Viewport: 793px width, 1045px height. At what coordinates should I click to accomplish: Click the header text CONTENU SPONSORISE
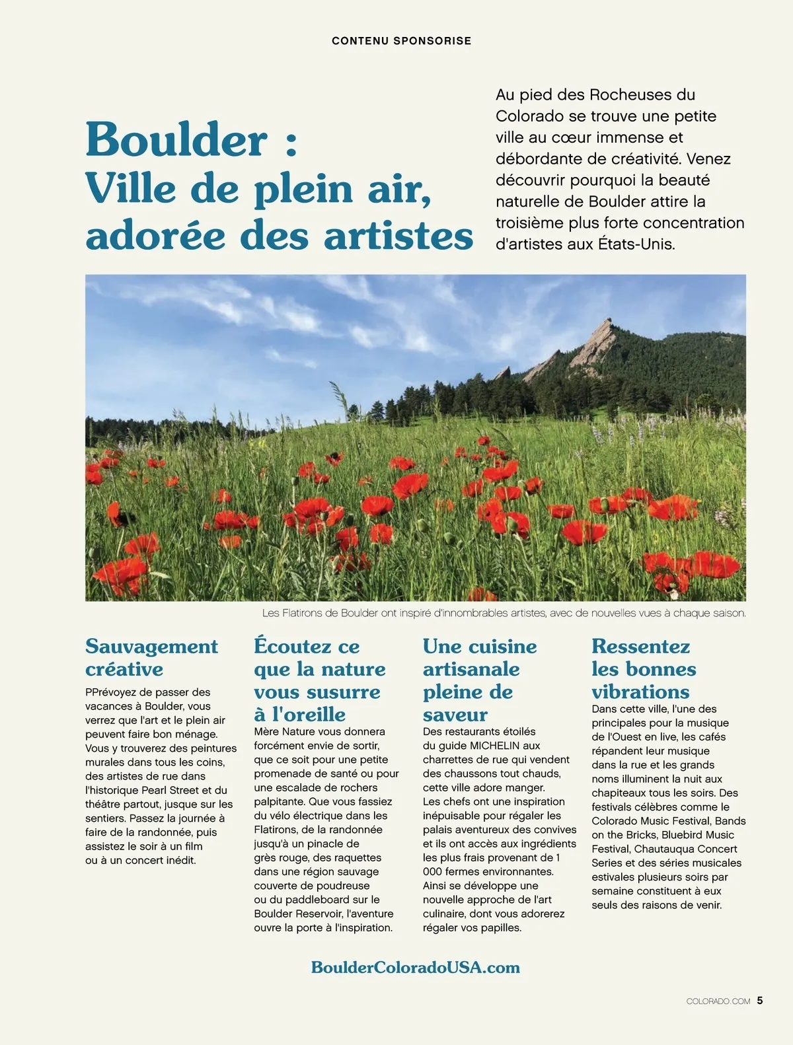click(x=401, y=41)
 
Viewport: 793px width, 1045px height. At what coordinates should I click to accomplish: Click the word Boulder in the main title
click(x=176, y=140)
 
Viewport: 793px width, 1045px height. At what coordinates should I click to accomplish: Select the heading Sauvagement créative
click(x=151, y=657)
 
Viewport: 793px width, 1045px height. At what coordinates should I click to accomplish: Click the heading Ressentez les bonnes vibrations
click(x=644, y=668)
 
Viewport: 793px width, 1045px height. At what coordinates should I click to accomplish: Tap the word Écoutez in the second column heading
click(x=283, y=646)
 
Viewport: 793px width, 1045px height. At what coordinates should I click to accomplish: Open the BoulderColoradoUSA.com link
click(x=415, y=968)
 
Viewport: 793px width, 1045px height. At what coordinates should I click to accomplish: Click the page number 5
click(x=760, y=1001)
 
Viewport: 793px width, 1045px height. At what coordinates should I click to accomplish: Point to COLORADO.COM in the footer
click(x=718, y=1001)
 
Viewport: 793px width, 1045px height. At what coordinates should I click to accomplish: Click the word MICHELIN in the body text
click(x=495, y=746)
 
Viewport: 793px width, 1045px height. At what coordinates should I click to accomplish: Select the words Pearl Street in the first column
click(x=169, y=790)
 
